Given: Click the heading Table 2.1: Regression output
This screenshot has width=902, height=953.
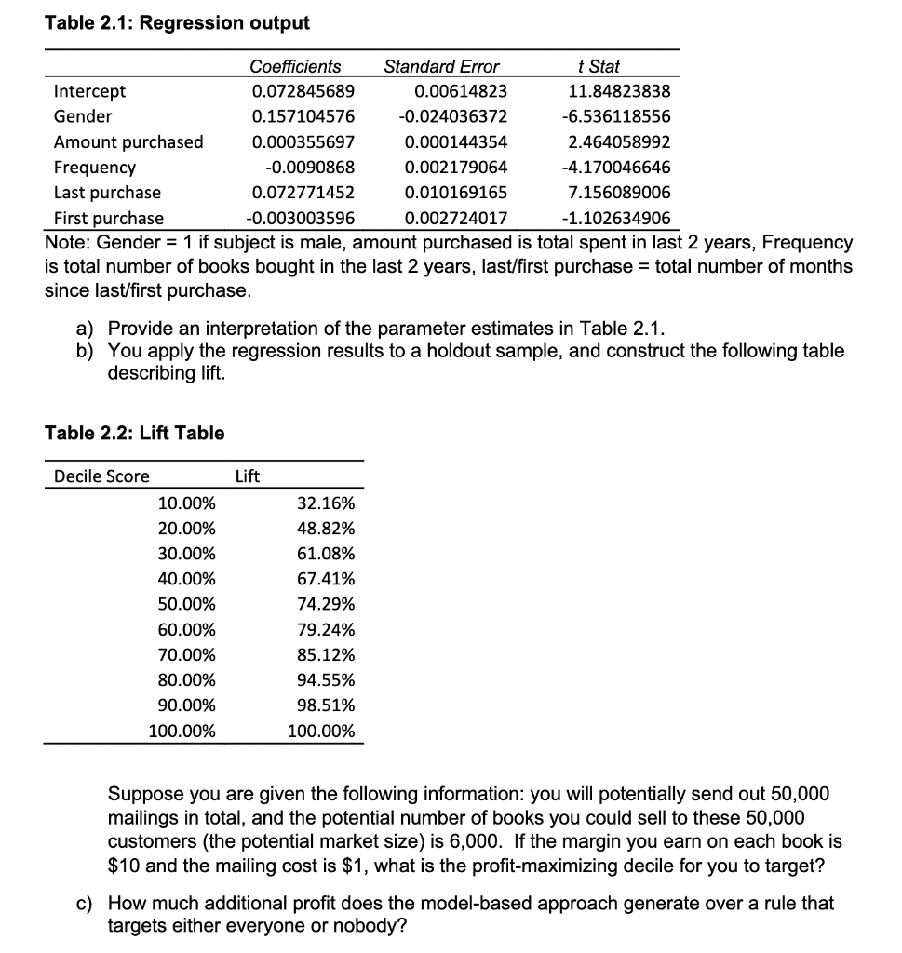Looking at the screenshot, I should click(177, 21).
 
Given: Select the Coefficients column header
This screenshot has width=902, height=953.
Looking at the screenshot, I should click(295, 67).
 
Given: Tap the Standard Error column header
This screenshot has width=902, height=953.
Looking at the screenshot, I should click(441, 67).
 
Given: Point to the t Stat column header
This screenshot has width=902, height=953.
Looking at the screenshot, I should click(598, 67).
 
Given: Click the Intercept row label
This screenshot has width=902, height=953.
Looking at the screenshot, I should click(89, 91).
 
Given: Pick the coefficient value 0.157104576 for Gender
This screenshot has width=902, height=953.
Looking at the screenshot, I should click(303, 116).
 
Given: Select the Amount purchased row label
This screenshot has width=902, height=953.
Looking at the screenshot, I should click(128, 142).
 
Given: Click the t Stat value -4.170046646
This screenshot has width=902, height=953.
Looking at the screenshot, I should click(615, 168).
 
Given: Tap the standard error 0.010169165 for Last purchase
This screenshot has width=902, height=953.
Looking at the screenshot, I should click(456, 193).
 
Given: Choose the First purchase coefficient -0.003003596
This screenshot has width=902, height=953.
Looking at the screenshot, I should click(300, 219).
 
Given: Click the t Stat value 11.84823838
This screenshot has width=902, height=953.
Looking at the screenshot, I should click(619, 91).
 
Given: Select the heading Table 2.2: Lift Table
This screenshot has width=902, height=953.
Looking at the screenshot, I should click(135, 433).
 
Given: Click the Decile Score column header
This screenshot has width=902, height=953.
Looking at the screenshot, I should click(101, 476).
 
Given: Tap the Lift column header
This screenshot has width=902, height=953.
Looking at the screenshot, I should click(247, 476).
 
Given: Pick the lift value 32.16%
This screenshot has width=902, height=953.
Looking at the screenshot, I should click(325, 503).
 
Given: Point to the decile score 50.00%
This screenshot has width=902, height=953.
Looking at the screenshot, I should click(186, 604).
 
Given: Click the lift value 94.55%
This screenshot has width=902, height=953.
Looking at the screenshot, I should click(325, 679).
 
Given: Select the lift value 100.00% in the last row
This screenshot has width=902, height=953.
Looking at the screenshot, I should click(321, 731).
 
